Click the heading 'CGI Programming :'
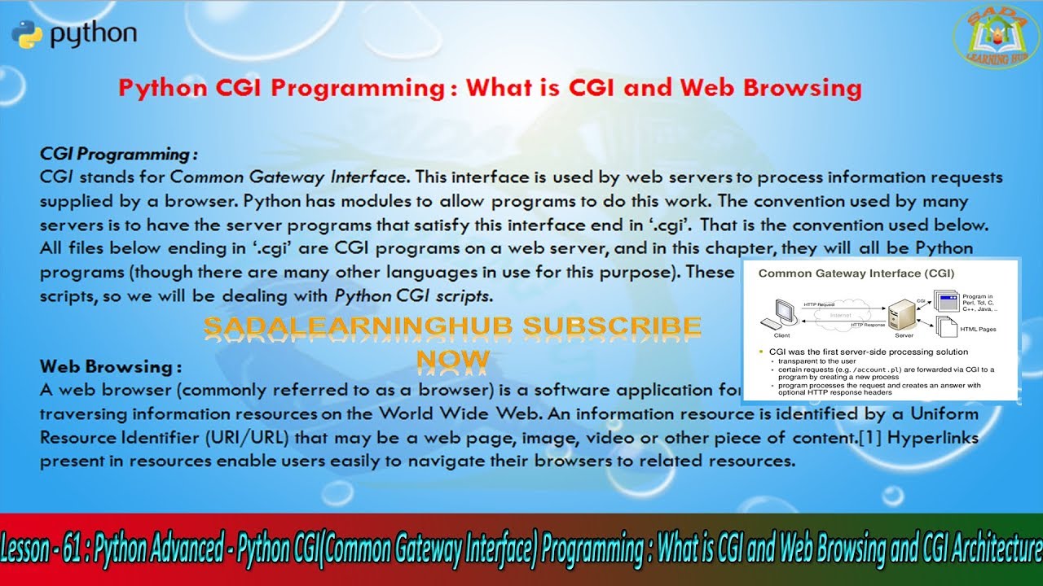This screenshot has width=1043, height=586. tap(119, 154)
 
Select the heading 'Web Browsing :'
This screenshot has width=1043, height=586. tap(110, 367)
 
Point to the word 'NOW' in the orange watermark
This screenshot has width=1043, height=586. tap(452, 359)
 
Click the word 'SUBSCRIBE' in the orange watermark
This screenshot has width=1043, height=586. tap(611, 328)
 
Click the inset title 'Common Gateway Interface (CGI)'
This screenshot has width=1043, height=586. tap(856, 273)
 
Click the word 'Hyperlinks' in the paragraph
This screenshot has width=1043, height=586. tap(933, 438)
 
